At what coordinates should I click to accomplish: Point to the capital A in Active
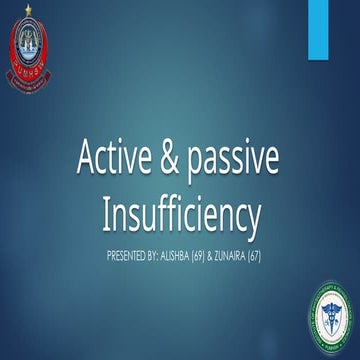pos(88,157)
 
